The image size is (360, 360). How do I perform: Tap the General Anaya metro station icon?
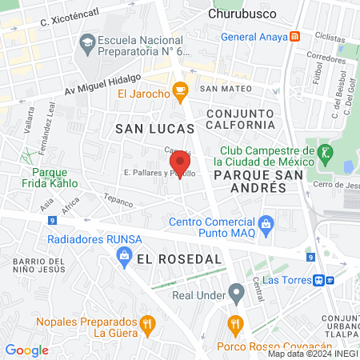(296, 36)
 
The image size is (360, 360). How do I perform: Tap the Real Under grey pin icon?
(235, 294)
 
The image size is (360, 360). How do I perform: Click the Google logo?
(26, 350)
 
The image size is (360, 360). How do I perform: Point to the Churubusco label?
(241, 13)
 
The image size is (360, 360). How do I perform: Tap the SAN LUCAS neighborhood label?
(155, 128)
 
